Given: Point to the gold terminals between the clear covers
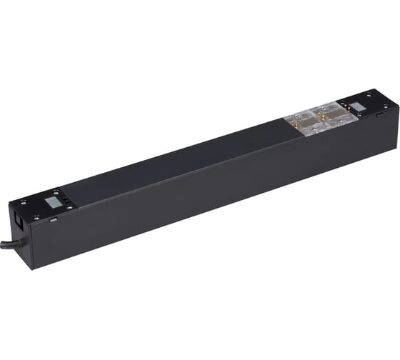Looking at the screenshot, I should pyautogui.click(x=316, y=118).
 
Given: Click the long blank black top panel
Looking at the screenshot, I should pyautogui.click(x=179, y=161).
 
